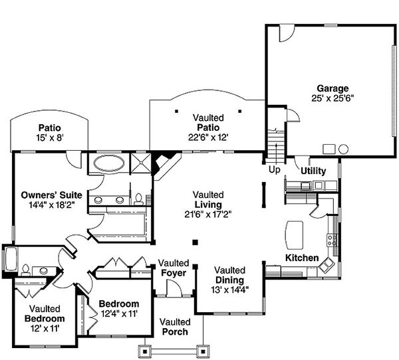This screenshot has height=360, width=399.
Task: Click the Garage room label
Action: click(332, 88)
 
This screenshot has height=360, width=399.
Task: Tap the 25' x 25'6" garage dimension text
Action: click(332, 98)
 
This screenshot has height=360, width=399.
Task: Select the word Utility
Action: click(313, 171)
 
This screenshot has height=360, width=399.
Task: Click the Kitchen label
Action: click(302, 258)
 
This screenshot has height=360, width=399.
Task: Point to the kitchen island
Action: click(295, 235)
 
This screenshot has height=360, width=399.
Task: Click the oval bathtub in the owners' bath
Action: click(109, 163)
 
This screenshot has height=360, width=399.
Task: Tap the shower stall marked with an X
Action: click(141, 163)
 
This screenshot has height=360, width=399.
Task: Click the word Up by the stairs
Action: click(274, 170)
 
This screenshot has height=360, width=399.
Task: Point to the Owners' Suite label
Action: click(52, 195)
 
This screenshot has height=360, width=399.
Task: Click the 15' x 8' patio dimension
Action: click(50, 138)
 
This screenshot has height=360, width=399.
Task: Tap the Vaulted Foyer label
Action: click(174, 268)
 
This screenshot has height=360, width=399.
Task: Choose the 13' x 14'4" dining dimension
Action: click(230, 290)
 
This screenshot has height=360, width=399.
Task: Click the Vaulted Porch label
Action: click(175, 327)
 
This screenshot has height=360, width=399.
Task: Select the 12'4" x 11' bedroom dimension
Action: click(119, 314)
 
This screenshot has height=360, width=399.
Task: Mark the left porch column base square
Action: click(145, 352)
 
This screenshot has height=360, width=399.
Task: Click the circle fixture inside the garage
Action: click(344, 149)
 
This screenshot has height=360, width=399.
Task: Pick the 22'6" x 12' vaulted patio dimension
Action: click(208, 137)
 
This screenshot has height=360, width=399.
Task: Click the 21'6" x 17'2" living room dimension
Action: click(208, 215)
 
